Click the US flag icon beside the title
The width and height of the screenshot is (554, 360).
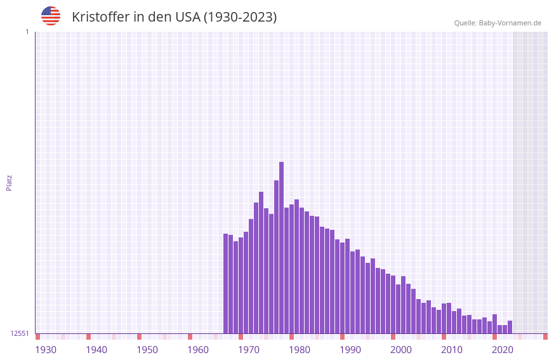[51, 16]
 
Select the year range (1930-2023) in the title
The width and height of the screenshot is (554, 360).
[240, 17]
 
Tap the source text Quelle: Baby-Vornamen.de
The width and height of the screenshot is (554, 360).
[498, 23]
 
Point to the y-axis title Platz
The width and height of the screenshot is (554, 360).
[9, 183]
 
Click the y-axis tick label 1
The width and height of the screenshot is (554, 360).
[27, 32]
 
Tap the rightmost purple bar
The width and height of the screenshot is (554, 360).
[510, 327]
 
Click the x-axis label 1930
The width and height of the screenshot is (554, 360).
[46, 350]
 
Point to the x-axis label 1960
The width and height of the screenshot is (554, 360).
[198, 350]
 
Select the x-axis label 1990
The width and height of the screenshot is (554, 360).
[350, 350]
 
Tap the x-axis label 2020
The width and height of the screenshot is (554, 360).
[503, 350]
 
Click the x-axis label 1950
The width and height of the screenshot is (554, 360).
[147, 350]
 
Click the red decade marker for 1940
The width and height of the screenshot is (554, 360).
[88, 337]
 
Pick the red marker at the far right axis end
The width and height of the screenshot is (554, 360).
[545, 337]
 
